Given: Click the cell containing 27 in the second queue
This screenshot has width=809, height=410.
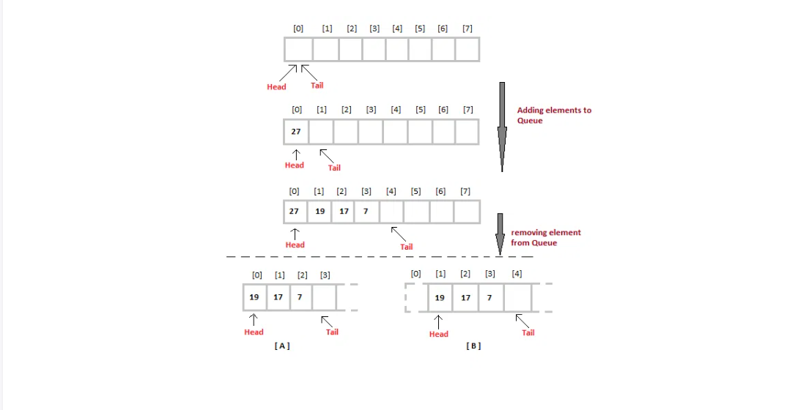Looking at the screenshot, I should tap(295, 132).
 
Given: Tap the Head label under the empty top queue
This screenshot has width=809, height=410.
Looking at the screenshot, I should tap(276, 87).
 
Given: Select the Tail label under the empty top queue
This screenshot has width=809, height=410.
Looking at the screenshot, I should tap(317, 86).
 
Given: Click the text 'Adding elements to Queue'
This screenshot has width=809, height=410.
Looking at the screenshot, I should tap(553, 115).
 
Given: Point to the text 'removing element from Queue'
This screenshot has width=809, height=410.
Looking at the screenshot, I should tap(545, 237).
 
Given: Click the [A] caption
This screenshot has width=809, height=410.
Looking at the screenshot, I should tap(282, 346).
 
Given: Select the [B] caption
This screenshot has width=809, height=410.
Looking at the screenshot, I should tap(473, 346).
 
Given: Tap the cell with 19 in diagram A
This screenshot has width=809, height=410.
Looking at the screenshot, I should tap(254, 297).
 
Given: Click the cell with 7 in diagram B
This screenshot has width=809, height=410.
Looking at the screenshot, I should tap(490, 298).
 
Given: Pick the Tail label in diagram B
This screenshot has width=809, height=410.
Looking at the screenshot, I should tap(528, 332).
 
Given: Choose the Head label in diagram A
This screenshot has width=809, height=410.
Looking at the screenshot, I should tap(254, 332).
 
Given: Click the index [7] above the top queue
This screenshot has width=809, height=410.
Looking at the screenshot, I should tap(468, 29).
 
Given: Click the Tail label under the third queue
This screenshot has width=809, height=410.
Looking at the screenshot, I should tap(406, 247).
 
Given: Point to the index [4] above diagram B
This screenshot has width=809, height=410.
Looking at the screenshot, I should tap(517, 274).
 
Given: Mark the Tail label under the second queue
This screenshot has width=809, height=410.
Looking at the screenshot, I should tap(334, 168).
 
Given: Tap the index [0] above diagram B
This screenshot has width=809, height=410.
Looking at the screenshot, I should tap(416, 274).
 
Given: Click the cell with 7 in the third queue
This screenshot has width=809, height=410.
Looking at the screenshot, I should tap(366, 211).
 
